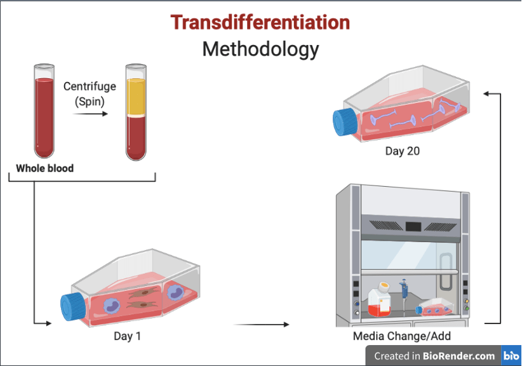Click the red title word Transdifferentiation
260,23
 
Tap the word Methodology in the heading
260,49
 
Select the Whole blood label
44,168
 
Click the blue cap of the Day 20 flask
345,121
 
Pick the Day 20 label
403,151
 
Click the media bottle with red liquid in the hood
380,301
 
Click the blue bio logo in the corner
511,356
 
